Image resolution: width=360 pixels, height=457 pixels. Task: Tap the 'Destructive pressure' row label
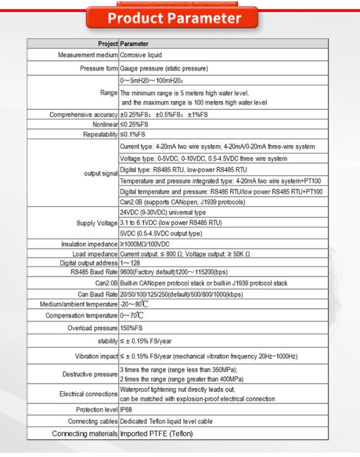coord(91,374)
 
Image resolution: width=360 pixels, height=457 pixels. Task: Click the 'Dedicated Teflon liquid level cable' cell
coord(166,421)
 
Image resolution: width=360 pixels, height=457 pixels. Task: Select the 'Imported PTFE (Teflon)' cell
coord(157,433)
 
